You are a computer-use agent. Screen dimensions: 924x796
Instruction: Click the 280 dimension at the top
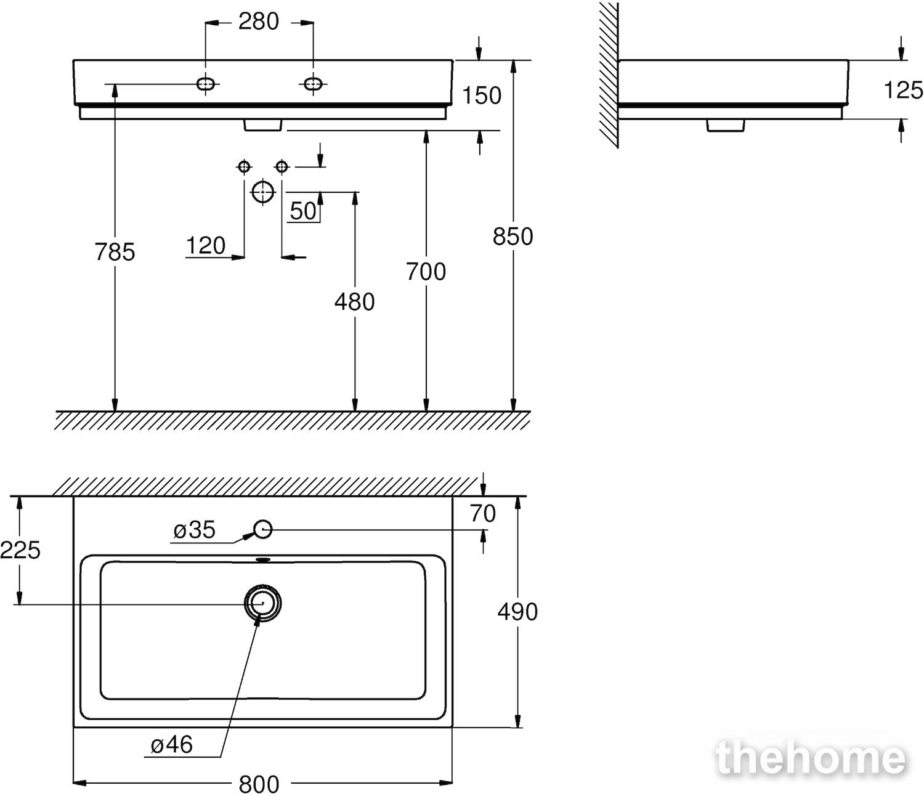pyautogui.click(x=258, y=22)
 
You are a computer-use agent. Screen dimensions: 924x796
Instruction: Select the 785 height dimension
pyautogui.click(x=115, y=252)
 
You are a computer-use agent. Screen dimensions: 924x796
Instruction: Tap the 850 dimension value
pyautogui.click(x=513, y=237)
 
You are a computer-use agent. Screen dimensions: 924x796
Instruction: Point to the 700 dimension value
pyautogui.click(x=426, y=272)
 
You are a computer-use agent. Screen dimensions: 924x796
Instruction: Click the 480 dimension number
pyautogui.click(x=354, y=303)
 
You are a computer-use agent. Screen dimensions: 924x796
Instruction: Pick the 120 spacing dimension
pyautogui.click(x=206, y=246)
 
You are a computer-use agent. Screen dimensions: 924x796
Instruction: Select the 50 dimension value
pyautogui.click(x=303, y=211)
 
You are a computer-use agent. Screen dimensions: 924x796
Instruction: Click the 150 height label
pyautogui.click(x=482, y=95)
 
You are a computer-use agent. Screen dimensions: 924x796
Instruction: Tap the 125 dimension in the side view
pyautogui.click(x=903, y=91)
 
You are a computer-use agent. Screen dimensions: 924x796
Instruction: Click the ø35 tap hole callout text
pyautogui.click(x=195, y=530)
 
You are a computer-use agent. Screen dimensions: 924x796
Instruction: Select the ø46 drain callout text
pyautogui.click(x=172, y=745)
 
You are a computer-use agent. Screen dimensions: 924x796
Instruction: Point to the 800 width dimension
pyautogui.click(x=259, y=784)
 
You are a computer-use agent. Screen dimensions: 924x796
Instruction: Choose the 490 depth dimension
pyautogui.click(x=517, y=612)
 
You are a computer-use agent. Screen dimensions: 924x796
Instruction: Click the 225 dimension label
pyautogui.click(x=20, y=550)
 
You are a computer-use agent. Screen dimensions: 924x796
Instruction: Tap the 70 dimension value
pyautogui.click(x=483, y=514)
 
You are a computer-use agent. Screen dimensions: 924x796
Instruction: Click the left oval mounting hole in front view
pyautogui.click(x=206, y=84)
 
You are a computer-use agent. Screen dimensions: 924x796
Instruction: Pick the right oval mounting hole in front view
pyautogui.click(x=313, y=84)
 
